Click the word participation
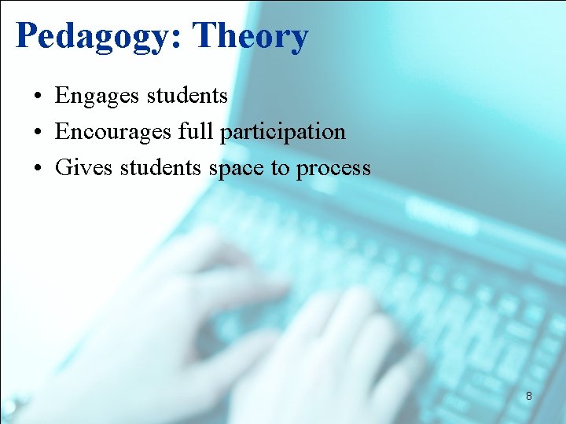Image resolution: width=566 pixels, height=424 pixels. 283,132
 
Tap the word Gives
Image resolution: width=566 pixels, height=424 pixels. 84,167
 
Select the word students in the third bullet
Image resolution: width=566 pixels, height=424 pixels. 161,167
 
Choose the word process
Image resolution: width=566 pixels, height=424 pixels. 333,169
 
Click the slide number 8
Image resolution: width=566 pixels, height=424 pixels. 529,397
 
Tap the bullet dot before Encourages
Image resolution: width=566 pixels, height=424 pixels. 38,133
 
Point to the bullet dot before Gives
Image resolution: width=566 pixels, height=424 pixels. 38,169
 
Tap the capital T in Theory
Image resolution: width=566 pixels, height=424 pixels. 204,35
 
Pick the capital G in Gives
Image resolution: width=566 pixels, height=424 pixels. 63,167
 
